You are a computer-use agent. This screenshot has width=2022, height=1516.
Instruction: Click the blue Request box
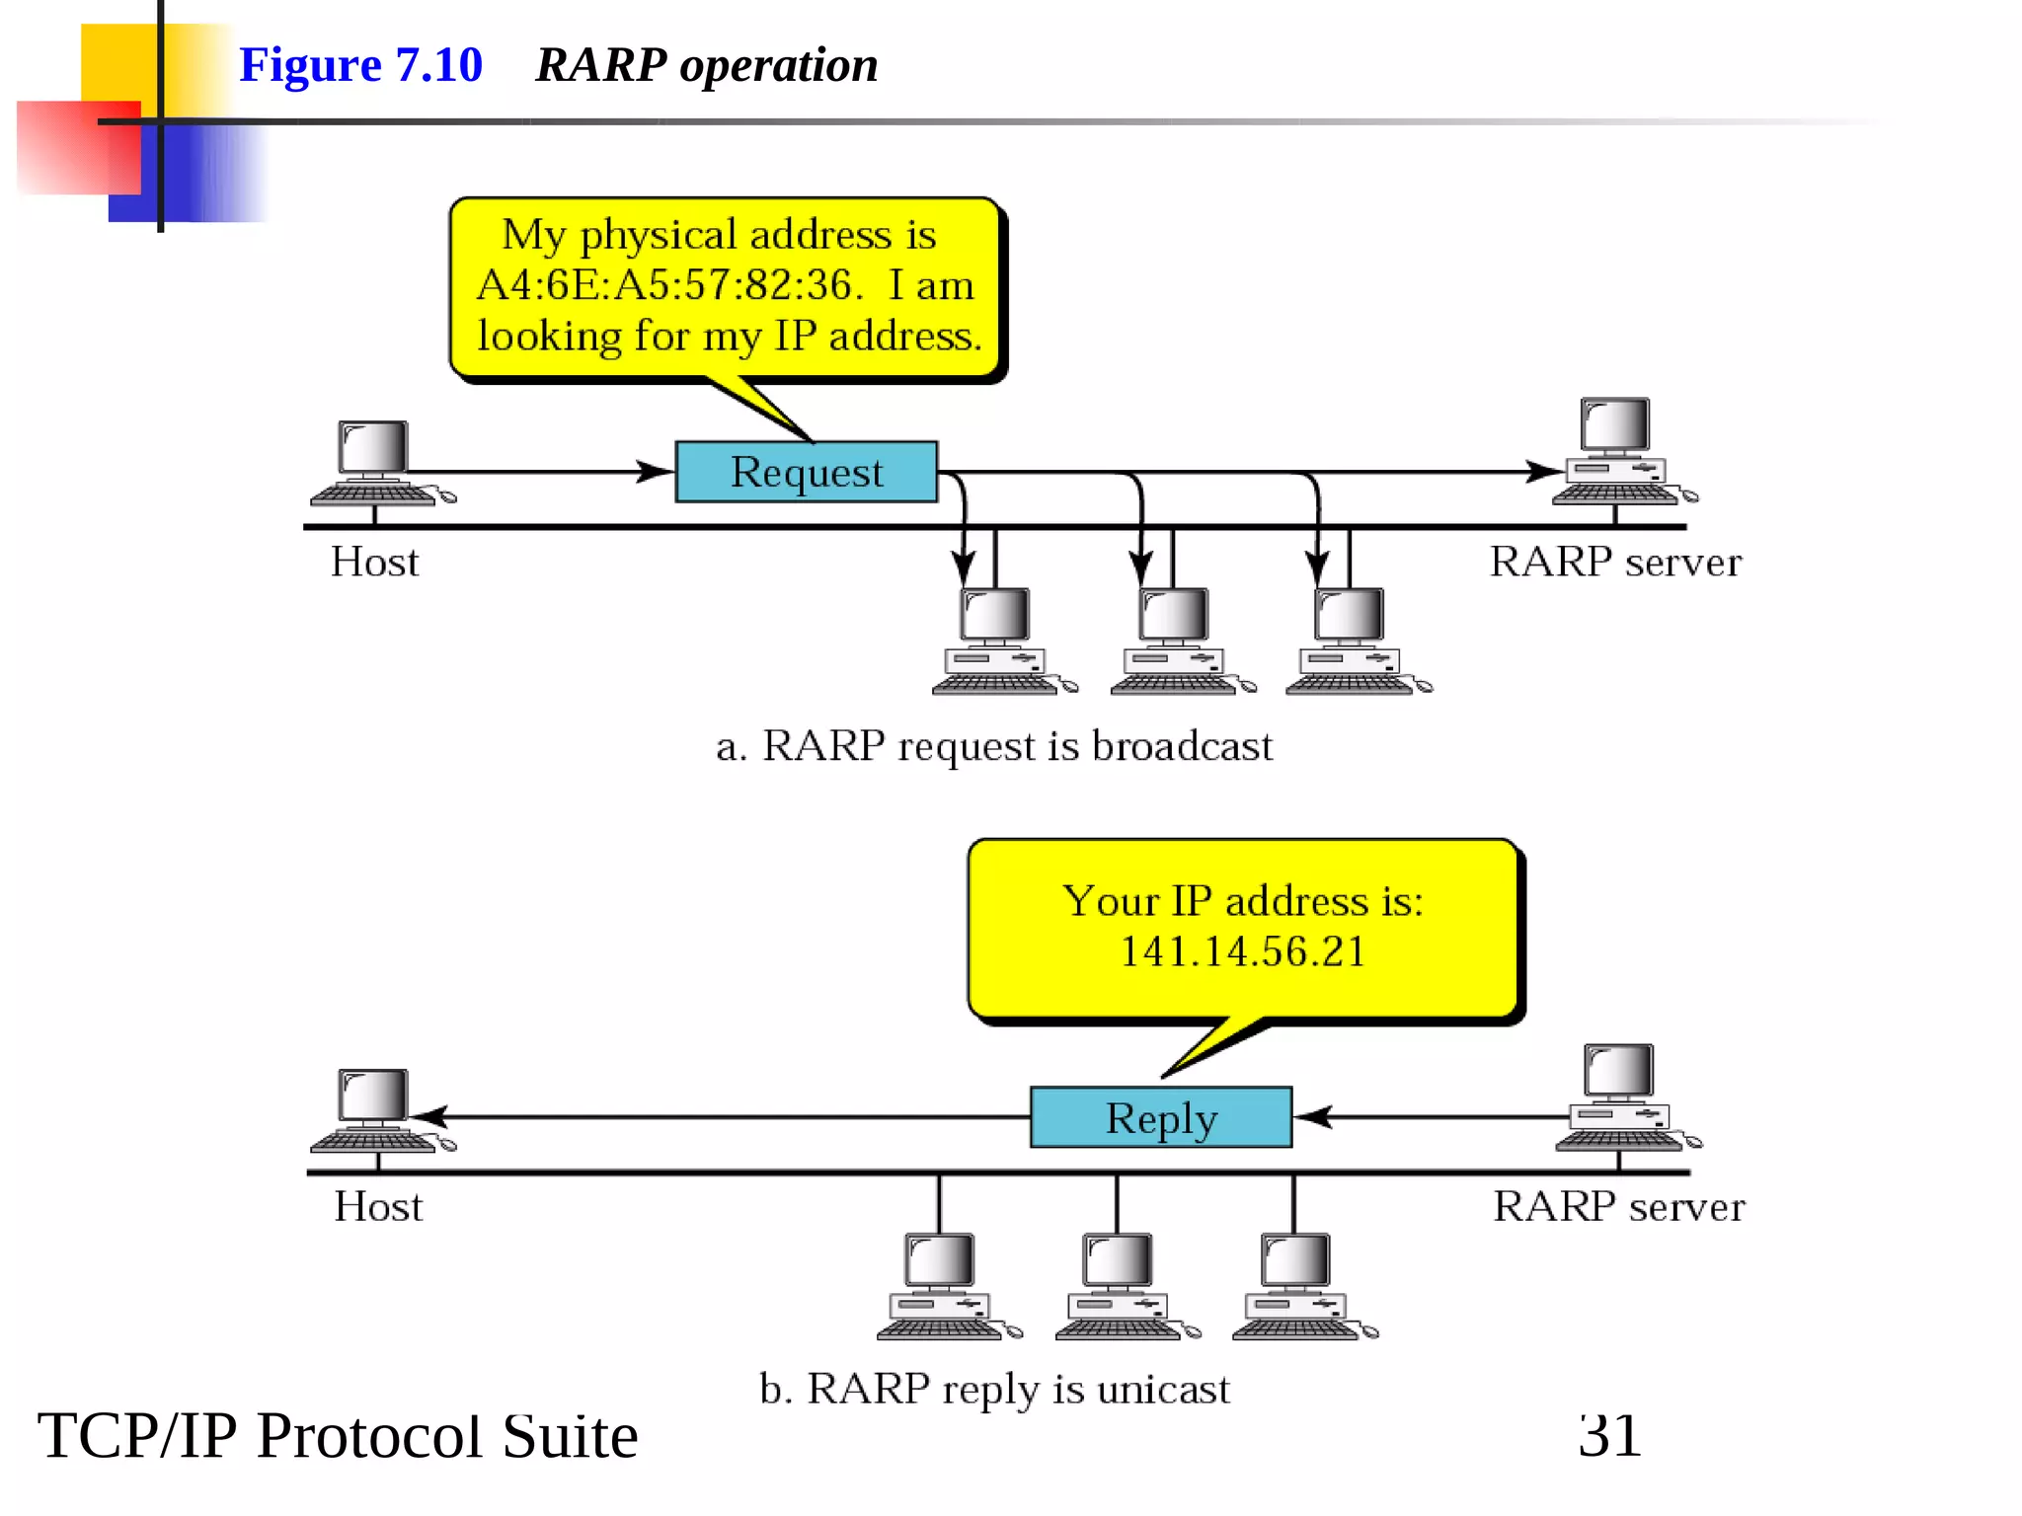point(806,472)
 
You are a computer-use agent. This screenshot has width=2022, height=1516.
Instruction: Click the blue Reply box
point(1160,1117)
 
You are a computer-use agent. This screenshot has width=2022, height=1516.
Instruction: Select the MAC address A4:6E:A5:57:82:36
point(669,285)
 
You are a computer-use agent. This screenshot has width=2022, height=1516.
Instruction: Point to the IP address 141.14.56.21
point(1242,951)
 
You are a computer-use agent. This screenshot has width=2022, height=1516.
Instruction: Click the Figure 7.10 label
point(360,65)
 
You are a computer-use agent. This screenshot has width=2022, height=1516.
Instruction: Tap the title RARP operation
point(706,65)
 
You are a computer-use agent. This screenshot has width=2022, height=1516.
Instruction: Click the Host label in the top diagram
point(374,562)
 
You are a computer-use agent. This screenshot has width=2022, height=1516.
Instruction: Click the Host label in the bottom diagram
point(377,1206)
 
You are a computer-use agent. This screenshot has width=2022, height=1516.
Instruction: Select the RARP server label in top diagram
point(1615,562)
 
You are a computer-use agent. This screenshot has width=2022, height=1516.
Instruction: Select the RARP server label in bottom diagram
point(1618,1206)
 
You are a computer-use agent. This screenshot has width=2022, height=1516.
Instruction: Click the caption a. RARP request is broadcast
point(993,746)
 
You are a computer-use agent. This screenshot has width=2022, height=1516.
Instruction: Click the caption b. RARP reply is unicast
point(993,1389)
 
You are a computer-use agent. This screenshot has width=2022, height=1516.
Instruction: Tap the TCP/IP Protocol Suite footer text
point(337,1435)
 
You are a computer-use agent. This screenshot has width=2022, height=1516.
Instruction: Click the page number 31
point(1609,1435)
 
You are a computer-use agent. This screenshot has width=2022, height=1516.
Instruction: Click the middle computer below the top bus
point(1175,640)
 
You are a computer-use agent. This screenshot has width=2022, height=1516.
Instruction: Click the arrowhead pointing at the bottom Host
point(430,1116)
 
